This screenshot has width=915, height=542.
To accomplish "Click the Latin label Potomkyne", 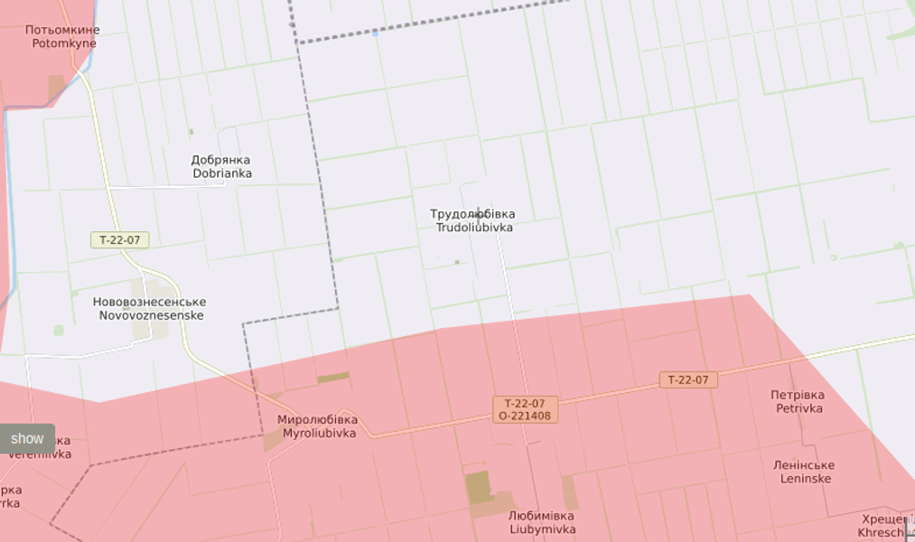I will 63,42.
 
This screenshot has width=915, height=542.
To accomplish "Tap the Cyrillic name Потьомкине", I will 63,30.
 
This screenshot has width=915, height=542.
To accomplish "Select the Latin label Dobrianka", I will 221,173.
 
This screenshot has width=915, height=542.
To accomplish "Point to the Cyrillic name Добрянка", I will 221,160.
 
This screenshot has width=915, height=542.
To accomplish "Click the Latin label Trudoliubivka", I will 474,228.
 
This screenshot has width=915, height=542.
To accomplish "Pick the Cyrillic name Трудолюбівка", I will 474,214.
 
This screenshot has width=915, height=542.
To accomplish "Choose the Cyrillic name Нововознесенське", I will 150,302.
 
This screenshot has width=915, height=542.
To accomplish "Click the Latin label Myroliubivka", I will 317,434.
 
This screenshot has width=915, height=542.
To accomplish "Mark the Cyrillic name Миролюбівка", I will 317,420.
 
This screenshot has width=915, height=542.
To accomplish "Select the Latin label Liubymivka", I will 542,528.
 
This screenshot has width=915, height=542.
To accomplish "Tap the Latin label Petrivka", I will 798,408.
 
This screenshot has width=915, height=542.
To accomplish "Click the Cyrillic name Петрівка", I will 798,395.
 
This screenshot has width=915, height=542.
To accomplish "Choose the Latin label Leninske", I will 803,479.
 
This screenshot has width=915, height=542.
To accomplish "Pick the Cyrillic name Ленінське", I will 803,465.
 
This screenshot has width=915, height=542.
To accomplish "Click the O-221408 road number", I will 525,416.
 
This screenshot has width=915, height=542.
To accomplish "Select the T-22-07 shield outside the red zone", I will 120,240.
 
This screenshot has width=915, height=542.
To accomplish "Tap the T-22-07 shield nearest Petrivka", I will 688,380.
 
